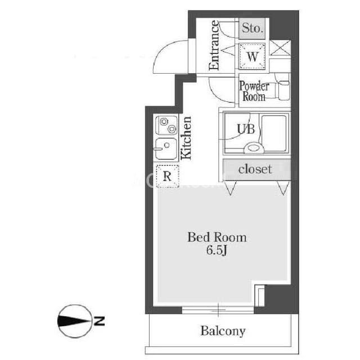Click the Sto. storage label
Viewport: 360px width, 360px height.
point(253,28)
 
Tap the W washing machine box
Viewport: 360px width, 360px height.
point(253,56)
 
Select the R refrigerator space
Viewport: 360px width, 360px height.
point(167,176)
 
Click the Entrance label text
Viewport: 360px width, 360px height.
point(214,45)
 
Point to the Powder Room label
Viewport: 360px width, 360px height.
point(254,91)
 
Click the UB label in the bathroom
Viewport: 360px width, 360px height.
point(246,129)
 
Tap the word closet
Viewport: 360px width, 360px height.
point(255,169)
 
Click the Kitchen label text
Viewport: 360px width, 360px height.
point(186,138)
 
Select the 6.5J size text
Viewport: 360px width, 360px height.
point(217,250)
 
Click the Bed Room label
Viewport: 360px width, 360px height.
point(217,237)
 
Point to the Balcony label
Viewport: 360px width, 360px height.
point(223,331)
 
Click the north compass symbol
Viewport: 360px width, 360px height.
point(74,321)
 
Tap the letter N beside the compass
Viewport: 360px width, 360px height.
point(99,321)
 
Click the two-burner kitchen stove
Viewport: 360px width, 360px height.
point(166,125)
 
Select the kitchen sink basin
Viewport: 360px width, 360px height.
point(166,148)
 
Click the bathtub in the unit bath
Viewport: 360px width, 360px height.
point(274,133)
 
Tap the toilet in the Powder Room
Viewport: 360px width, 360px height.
point(283,90)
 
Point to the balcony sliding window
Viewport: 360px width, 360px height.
point(218,310)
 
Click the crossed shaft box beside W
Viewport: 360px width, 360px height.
point(280,48)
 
